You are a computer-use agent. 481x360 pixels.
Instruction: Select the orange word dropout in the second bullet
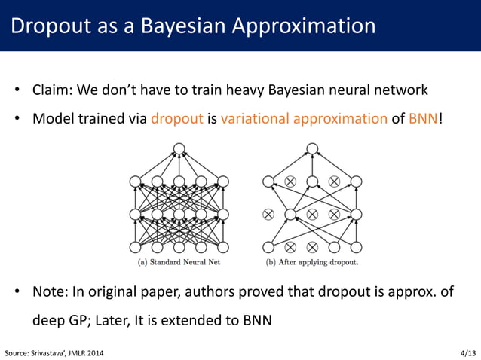[177, 117]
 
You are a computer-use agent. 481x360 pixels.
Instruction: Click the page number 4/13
[467, 352]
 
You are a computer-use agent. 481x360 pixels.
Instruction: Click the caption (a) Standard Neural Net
[179, 262]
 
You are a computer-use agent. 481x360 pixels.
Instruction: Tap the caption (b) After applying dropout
[312, 262]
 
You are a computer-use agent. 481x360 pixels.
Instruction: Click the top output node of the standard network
[179, 148]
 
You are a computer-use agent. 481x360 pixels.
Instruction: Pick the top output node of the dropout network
[312, 148]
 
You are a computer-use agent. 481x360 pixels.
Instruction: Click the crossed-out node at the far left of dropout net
[268, 215]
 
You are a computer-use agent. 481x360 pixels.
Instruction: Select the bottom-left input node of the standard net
[136, 247]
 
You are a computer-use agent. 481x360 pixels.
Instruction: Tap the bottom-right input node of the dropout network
[356, 247]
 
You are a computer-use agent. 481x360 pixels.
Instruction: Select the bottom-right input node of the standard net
[222, 247]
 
